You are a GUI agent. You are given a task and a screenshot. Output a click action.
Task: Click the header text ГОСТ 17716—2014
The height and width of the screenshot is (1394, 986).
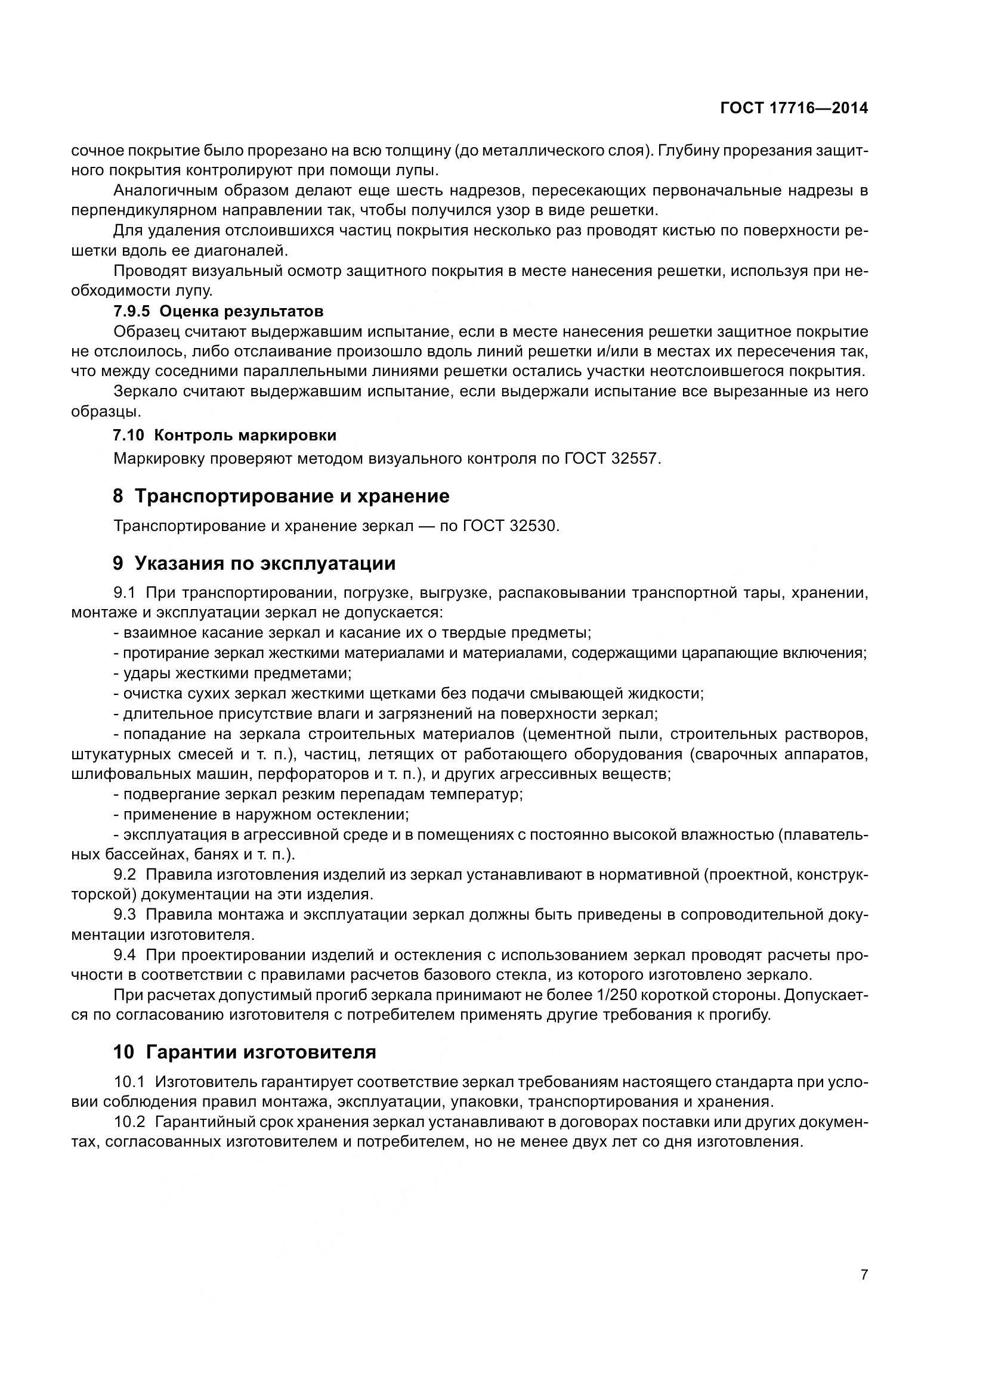click(793, 108)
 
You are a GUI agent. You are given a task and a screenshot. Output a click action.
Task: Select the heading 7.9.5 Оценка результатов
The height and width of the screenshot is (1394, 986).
click(218, 312)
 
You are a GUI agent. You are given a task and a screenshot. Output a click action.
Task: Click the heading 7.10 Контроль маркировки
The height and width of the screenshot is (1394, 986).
click(225, 435)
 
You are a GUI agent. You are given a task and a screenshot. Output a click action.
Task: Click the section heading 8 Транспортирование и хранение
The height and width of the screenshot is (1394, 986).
click(281, 496)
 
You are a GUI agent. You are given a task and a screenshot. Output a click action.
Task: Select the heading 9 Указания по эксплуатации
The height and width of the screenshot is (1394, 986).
click(254, 563)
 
